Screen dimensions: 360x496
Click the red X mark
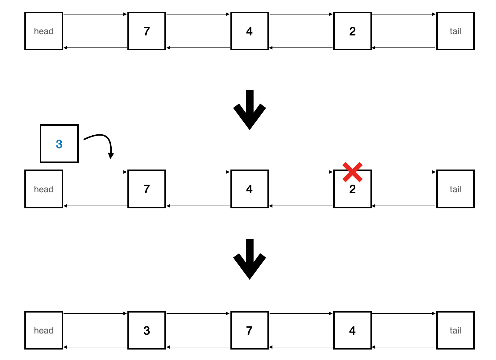[x=352, y=172]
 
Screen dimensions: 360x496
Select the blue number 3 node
[x=59, y=144]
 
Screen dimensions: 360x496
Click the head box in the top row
[x=44, y=31]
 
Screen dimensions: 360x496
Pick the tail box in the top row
[x=455, y=31]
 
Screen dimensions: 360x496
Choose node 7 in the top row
[x=147, y=31]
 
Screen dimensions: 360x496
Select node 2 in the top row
[x=352, y=31]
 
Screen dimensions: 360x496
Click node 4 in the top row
[x=250, y=31]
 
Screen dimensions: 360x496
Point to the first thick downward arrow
[x=250, y=109]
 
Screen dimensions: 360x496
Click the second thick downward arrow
[x=250, y=259]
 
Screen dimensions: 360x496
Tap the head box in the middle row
[x=44, y=189]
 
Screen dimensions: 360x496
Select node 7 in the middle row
[x=147, y=189]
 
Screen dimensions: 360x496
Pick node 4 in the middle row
[x=250, y=189]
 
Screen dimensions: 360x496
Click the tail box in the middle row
[x=455, y=189]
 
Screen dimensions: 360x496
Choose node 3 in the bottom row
[x=147, y=330]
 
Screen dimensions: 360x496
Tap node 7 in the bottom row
[x=250, y=330]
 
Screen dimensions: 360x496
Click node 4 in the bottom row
[x=352, y=330]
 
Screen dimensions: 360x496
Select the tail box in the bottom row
[x=455, y=330]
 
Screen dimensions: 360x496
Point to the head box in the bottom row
[x=44, y=330]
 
